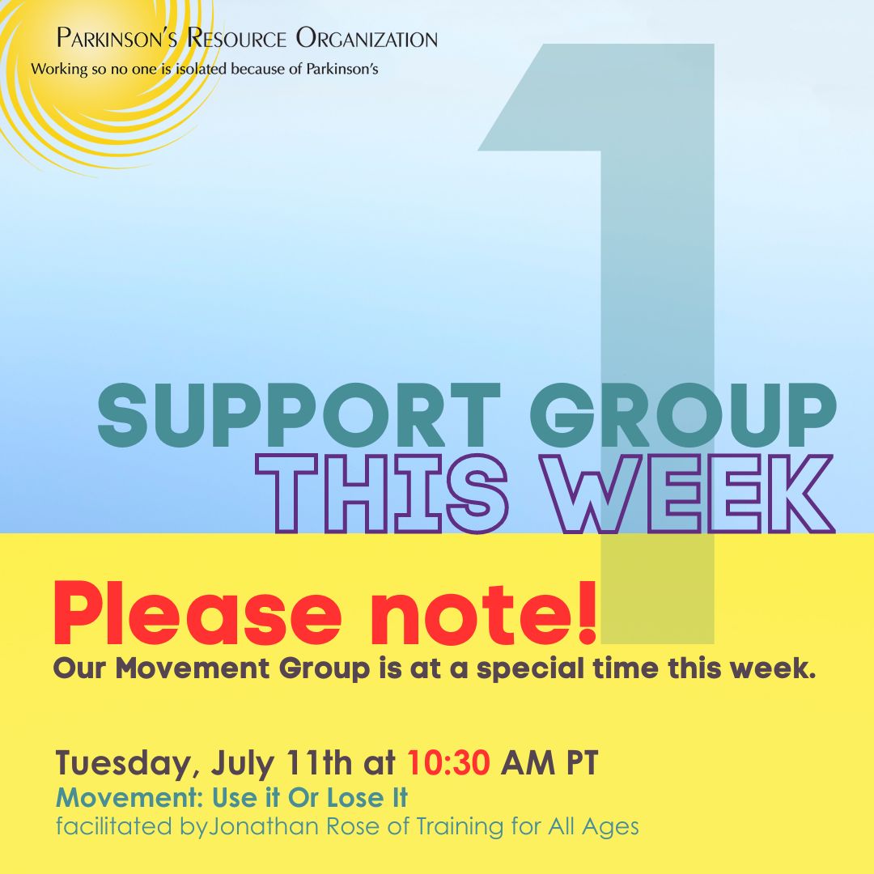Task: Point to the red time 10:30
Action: pyautogui.click(x=449, y=762)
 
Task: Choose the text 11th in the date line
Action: pyautogui.click(x=319, y=762)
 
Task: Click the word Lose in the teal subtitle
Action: pyautogui.click(x=354, y=798)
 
